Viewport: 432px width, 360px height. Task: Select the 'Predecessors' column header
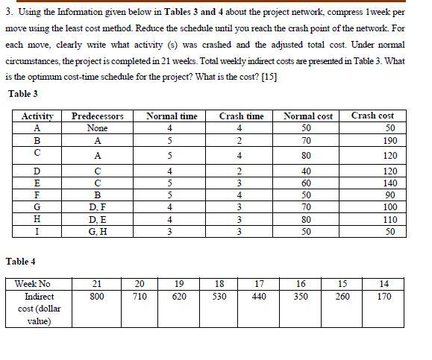(97, 116)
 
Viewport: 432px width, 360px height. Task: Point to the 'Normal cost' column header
(308, 116)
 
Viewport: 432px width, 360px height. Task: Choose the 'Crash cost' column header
(372, 116)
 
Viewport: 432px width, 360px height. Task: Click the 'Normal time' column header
(172, 116)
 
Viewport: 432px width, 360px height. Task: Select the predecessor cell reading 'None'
(97, 127)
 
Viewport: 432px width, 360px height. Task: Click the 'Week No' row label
(34, 284)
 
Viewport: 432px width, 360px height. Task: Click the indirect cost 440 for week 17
(259, 297)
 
